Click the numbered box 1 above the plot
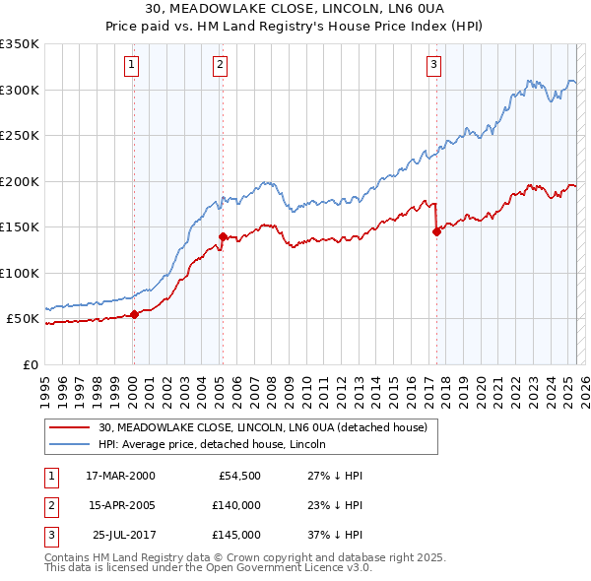(132, 66)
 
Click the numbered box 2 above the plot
(219, 66)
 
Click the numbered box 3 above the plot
(433, 66)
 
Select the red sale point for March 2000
(134, 315)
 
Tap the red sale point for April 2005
(223, 236)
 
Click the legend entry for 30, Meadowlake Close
(263, 427)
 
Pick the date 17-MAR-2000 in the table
(120, 476)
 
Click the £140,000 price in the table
(235, 505)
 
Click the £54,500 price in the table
(239, 476)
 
